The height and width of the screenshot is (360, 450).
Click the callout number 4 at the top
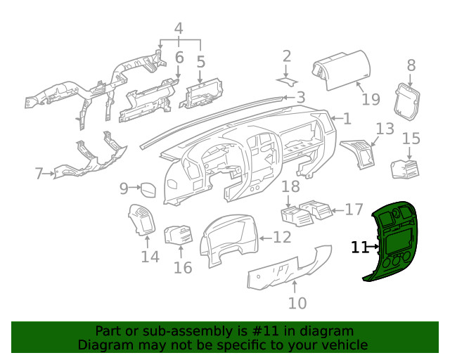click(179, 29)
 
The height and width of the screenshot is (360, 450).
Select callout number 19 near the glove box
click(371, 99)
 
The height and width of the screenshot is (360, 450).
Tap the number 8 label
click(411, 65)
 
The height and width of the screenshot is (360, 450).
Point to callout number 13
click(385, 129)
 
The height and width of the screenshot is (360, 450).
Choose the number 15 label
click(411, 139)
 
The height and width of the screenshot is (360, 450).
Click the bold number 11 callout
click(360, 247)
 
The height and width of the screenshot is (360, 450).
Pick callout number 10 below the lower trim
click(297, 303)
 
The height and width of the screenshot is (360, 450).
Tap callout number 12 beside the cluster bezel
click(281, 238)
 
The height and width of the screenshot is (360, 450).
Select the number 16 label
click(183, 268)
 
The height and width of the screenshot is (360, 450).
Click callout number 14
click(150, 257)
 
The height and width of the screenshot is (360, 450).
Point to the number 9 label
click(124, 188)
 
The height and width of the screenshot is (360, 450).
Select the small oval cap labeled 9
click(148, 189)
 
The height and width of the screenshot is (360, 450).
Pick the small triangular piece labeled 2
click(288, 82)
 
